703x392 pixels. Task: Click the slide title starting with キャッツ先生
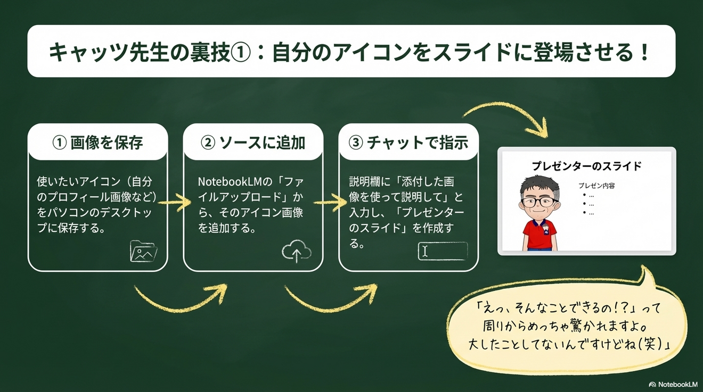[349, 52]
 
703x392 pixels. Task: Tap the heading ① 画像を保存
[98, 143]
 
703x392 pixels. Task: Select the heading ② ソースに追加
[253, 143]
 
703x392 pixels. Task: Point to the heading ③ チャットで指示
[408, 143]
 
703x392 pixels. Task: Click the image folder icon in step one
[143, 252]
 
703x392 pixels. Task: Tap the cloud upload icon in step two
[297, 252]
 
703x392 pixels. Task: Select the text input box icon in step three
[443, 251]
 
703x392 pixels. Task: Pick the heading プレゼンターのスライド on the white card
[586, 166]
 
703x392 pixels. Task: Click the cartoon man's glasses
[538, 202]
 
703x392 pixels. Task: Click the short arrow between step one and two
[175, 202]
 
